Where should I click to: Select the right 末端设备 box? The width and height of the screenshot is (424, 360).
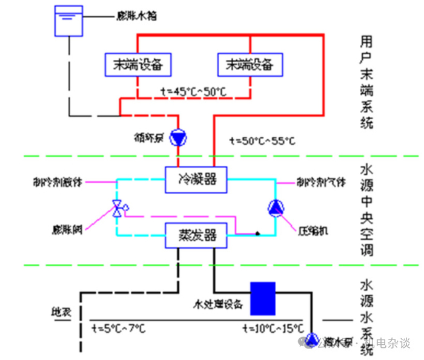pos(249,64)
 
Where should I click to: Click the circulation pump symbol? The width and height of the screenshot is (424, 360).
pos(179,138)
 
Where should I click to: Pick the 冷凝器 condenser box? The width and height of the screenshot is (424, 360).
pos(196,180)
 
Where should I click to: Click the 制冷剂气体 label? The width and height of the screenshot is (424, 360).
pos(320,181)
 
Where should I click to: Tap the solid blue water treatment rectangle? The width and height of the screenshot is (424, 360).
pos(263,298)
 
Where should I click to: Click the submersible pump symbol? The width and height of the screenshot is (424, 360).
pos(313,339)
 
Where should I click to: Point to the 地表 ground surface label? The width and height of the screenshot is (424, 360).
pos(60,313)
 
